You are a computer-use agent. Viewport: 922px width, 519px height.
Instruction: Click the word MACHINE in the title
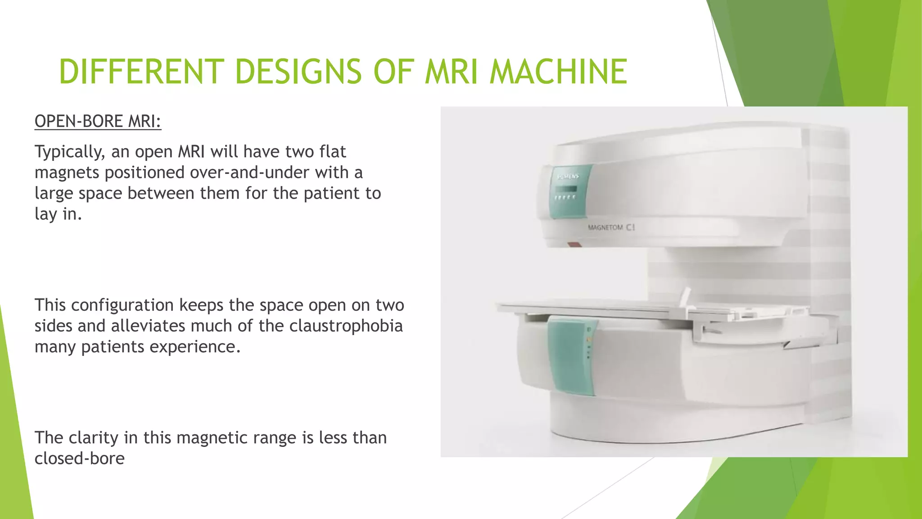click(x=558, y=72)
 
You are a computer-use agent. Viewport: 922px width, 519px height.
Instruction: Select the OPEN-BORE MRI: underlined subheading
click(x=98, y=122)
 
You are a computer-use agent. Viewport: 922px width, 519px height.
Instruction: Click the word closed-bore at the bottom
click(x=80, y=458)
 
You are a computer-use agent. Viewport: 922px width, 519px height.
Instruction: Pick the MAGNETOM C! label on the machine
click(x=611, y=228)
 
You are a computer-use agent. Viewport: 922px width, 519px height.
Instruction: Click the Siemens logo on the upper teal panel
click(x=568, y=176)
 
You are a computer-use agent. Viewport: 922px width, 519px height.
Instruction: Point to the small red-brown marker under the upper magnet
click(x=574, y=245)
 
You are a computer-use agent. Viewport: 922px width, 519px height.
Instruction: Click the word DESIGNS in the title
click(x=298, y=72)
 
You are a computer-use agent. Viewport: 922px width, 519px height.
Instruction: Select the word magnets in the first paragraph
click(x=67, y=173)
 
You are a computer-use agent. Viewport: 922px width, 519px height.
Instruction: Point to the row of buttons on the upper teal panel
click(x=565, y=197)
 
